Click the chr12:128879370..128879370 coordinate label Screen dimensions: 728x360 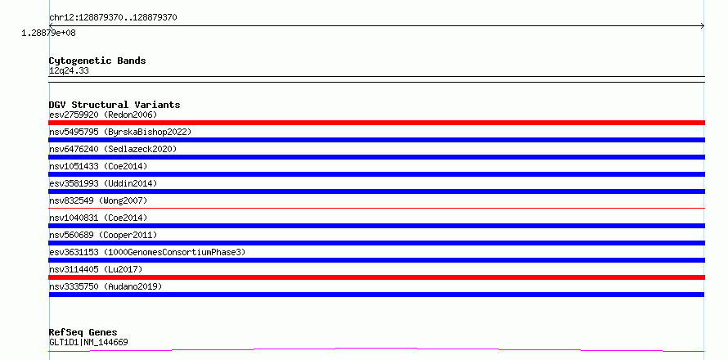point(113,18)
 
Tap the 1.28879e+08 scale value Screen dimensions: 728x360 point(49,33)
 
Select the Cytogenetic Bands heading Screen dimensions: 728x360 point(97,61)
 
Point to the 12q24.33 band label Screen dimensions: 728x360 point(69,70)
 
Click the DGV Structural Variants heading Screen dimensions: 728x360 point(115,105)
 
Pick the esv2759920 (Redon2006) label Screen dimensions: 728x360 point(103,115)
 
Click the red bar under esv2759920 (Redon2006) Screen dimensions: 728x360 point(376,123)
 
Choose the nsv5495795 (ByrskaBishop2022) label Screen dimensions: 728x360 point(120,132)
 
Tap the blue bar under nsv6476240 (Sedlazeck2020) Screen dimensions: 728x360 point(376,157)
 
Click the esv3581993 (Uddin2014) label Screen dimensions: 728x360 point(103,183)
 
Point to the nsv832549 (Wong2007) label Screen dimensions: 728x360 point(98,200)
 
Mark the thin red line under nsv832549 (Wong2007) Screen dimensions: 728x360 point(376,208)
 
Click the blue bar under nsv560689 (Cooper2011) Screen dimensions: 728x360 point(376,243)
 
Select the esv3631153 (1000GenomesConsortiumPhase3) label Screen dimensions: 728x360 point(147,252)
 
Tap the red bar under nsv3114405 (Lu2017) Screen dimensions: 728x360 point(376,277)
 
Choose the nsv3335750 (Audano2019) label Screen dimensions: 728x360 point(106,286)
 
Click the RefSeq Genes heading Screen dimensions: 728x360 point(83,332)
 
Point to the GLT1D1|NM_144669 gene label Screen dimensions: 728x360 point(88,342)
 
